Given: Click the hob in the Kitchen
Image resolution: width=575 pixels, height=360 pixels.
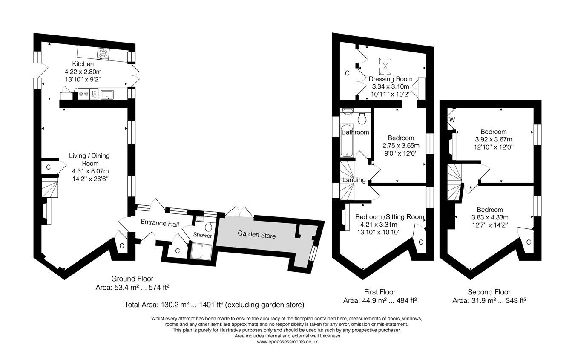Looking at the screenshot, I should click(104, 54).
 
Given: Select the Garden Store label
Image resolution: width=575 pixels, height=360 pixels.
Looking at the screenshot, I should click(256, 235).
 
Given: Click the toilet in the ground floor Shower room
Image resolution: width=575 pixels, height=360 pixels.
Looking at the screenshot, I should click(209, 225).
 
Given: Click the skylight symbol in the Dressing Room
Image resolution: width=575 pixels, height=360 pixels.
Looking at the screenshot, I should click(385, 66).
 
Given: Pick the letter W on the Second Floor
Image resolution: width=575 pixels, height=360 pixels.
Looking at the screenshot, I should click(452, 120).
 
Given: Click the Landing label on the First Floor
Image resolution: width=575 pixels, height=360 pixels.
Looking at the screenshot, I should click(354, 180).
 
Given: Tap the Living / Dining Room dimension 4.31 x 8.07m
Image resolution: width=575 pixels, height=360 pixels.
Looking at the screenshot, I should click(89, 171).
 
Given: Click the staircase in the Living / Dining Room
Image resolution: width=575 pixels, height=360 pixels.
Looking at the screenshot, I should click(50, 188).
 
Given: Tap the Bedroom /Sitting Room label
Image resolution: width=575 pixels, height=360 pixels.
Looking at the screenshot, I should click(390, 216).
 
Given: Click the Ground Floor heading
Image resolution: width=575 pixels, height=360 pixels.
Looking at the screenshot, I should click(133, 279).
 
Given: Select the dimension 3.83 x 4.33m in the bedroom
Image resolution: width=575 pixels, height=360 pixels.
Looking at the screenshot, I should click(489, 217).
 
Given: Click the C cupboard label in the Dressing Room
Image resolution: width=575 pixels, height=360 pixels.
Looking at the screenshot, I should click(347, 73).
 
